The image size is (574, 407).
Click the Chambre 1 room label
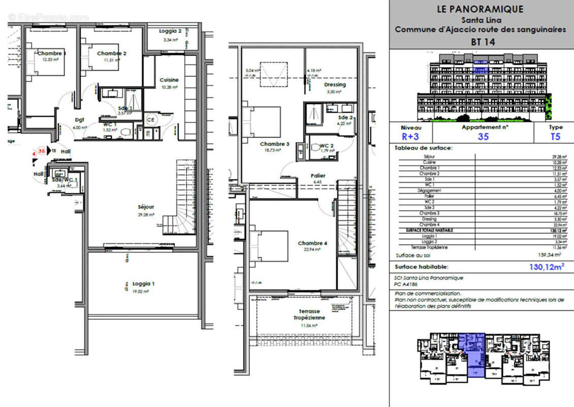51,53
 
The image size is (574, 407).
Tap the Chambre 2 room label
112,53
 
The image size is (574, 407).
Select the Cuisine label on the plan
169,80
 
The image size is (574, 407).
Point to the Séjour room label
146,207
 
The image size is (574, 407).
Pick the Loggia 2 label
170,31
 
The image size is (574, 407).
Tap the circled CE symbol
151,119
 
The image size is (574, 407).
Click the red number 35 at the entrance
42,151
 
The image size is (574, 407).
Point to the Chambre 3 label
275,144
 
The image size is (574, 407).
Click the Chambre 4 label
312,243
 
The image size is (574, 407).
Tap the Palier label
318,176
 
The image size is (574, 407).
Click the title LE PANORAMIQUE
480,9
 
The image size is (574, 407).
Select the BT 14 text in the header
481,42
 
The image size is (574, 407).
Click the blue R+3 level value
410,136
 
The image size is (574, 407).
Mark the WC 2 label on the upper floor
326,146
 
